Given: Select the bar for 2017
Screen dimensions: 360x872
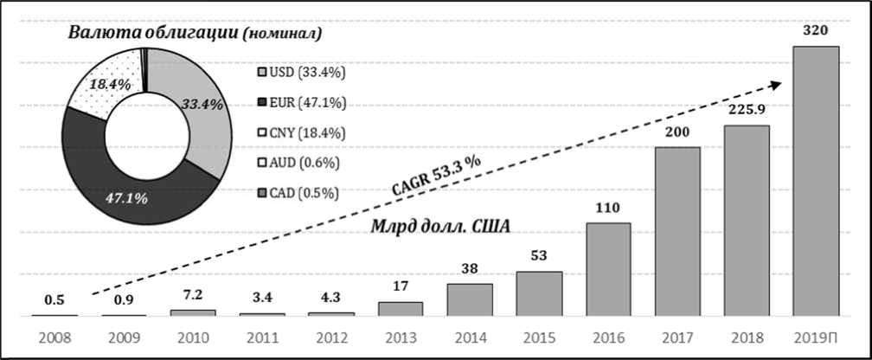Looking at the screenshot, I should (677, 231).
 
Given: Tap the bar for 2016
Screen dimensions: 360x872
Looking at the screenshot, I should (608, 269).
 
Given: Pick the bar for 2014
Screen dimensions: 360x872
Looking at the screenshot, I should (470, 299).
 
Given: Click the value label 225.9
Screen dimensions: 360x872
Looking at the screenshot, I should (746, 111).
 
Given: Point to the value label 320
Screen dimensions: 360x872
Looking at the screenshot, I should (816, 31).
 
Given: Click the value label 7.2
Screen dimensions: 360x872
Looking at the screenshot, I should (192, 296).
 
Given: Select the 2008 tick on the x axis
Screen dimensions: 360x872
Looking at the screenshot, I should (54, 337).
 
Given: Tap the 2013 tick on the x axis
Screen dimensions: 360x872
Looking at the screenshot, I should (401, 337).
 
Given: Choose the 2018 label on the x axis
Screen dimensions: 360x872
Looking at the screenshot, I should (747, 337).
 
